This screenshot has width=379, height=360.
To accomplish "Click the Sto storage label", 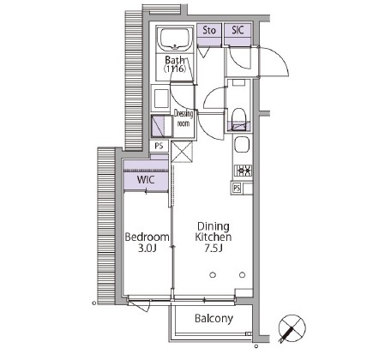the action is coord(209,30).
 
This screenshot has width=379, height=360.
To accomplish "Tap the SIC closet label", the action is coord(238,30).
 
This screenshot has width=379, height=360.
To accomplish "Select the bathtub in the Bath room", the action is coord(175,39).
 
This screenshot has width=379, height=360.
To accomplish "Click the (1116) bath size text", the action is coord(175,69).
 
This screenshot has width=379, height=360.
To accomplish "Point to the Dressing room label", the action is coord(183,118).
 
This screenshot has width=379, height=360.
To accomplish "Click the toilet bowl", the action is coord(238,117).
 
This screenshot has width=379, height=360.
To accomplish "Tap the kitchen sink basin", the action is coord(242,145).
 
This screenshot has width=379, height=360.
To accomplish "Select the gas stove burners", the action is coord(244,171).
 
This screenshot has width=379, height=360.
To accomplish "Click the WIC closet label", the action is coord(146,180).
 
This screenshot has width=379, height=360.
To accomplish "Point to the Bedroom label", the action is coord(147,237).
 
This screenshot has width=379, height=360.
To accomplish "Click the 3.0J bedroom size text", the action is coord(147,248).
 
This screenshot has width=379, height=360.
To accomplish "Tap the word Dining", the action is coord(214,227).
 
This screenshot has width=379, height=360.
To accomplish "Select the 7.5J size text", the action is coord(214,248).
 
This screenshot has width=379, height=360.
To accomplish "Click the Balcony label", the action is coord(214,319).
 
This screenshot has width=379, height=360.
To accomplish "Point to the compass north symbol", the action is coord(292,328).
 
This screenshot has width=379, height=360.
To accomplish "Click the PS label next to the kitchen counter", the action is coord(237,188).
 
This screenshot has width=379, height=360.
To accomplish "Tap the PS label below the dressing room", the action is coord(159,146).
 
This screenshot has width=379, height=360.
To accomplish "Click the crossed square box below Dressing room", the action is coord(182,152).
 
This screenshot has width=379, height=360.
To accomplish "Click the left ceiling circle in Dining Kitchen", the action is coord(213,275).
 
